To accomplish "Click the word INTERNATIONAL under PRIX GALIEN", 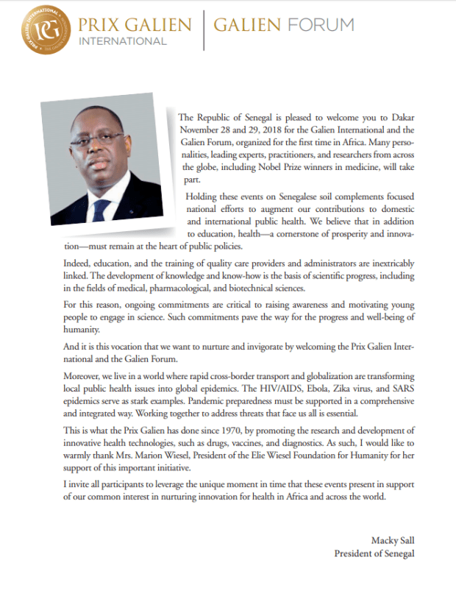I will point(124,42).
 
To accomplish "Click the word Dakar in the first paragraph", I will point(399,117).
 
